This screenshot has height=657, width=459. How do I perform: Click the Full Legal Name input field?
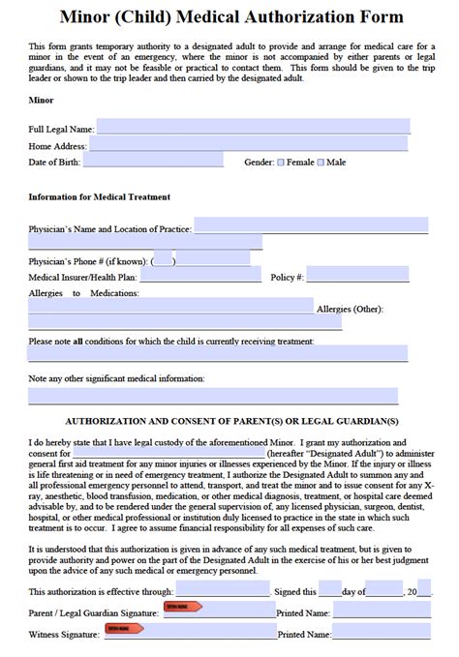point(253,127)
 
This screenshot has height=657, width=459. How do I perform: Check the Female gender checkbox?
point(281,163)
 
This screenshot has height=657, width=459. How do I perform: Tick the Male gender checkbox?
point(321,163)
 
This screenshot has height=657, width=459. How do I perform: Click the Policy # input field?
point(358,277)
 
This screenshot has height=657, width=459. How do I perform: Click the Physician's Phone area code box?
point(163,259)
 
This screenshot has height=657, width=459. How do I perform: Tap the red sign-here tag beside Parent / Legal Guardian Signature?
point(183,607)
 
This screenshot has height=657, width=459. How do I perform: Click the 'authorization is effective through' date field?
point(223,590)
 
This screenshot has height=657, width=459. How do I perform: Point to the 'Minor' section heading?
point(41,100)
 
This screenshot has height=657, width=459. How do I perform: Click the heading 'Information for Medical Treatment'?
point(99,196)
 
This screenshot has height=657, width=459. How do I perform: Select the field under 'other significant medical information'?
point(213,397)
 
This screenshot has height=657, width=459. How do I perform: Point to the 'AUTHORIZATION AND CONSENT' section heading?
point(230,422)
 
